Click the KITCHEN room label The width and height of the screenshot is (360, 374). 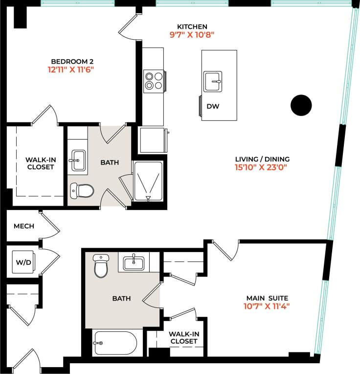(192, 26)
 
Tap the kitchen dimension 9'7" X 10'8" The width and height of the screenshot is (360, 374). (192, 35)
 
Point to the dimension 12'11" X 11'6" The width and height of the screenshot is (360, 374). (70, 70)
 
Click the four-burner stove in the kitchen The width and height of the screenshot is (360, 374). (154, 80)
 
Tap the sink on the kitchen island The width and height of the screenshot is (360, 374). (213, 81)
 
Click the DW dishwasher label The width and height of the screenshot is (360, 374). (212, 106)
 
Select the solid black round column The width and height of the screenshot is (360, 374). (301, 105)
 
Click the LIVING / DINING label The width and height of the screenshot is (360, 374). (262, 159)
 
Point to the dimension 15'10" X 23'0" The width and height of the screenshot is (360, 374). (262, 167)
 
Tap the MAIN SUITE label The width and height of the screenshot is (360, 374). (267, 298)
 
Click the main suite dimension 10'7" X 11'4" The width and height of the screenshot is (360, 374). (267, 306)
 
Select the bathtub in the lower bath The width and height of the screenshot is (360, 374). (115, 343)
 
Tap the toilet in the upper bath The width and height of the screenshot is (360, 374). (82, 190)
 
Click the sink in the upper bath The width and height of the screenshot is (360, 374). (78, 161)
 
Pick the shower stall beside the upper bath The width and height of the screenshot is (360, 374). (148, 181)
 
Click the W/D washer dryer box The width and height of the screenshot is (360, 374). (22, 262)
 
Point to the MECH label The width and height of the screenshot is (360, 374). (23, 226)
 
